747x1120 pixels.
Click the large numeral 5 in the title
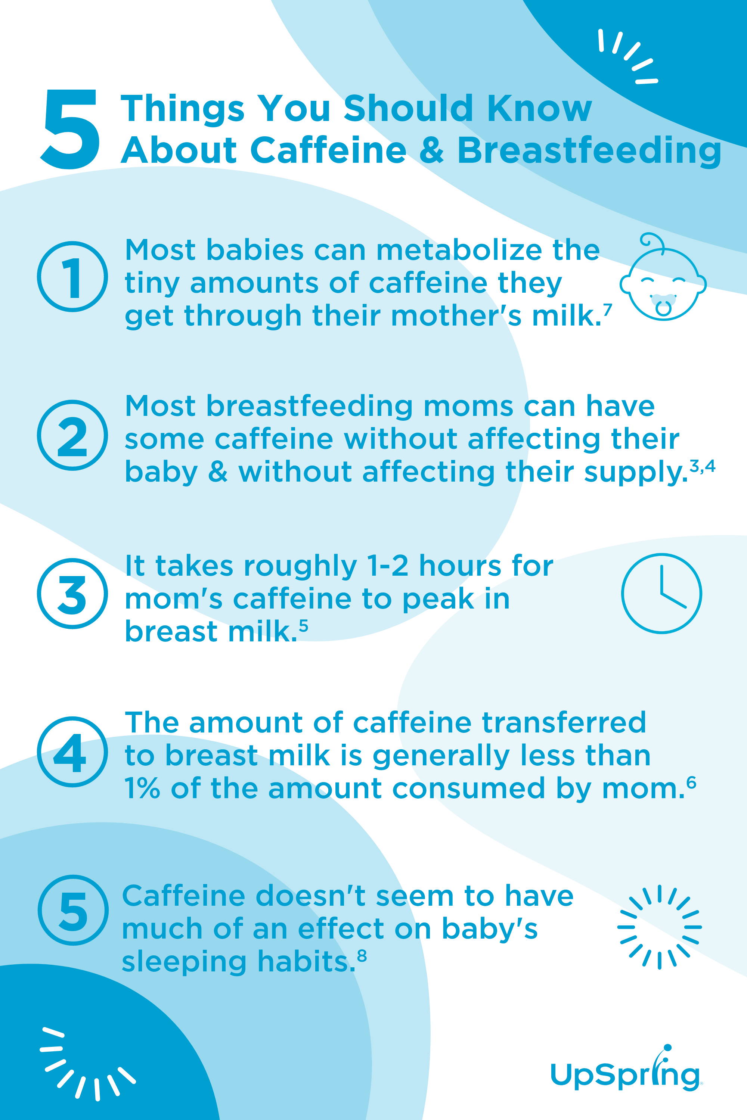tap(71, 130)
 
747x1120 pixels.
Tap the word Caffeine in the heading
tap(328, 150)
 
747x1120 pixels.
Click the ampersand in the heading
tap(432, 150)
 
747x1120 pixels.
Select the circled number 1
tap(72, 277)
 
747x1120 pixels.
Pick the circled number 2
tap(72, 435)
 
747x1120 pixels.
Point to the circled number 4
tap(72, 752)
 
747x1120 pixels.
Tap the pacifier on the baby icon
tap(663, 305)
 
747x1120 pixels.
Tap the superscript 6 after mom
tap(692, 783)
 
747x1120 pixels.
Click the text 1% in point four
tap(142, 788)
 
